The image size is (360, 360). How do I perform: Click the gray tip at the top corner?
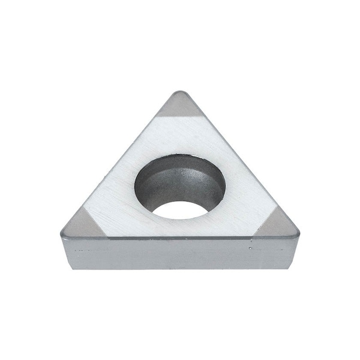click(x=179, y=106)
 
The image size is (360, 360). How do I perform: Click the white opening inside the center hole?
click(x=181, y=209)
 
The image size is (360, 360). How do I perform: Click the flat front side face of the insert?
click(x=180, y=252)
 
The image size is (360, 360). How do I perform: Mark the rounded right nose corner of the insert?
click(x=297, y=231)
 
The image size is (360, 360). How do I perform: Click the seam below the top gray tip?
click(x=179, y=116)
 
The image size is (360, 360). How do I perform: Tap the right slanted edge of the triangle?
click(x=240, y=159)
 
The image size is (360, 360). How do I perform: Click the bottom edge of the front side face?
click(x=180, y=268)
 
